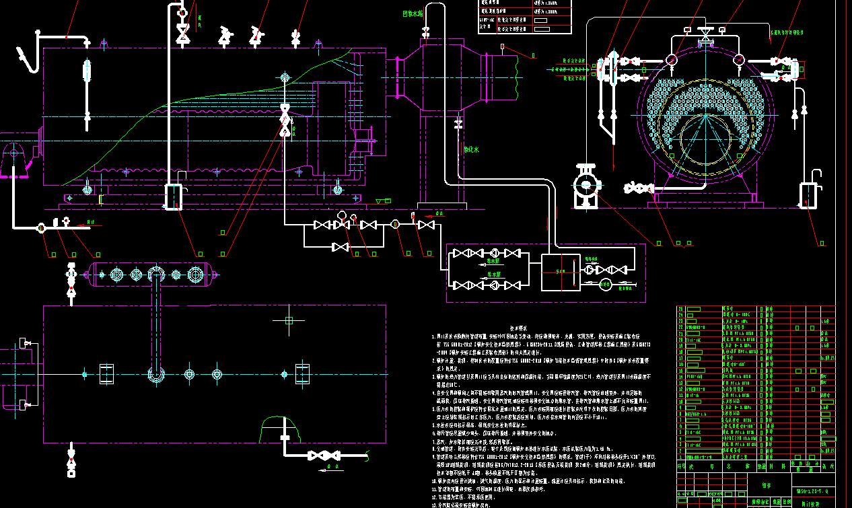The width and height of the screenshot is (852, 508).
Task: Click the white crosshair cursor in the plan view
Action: [289, 320]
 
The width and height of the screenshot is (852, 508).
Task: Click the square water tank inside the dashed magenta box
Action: [561, 272]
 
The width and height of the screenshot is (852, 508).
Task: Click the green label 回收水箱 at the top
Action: [413, 13]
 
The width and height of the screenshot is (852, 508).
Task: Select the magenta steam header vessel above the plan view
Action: [152, 274]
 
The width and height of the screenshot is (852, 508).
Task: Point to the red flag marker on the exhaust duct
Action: [503, 46]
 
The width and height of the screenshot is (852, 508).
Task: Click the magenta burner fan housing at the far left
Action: [15, 159]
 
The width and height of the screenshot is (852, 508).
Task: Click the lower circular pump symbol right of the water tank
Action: [605, 285]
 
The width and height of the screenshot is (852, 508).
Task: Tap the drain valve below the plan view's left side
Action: [71, 464]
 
